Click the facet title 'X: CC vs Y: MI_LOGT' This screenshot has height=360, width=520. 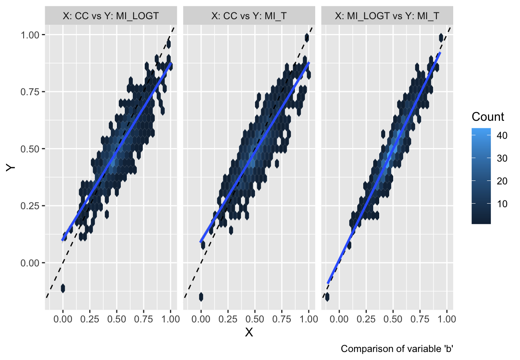click(x=111, y=16)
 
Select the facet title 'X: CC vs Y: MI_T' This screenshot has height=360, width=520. click(x=249, y=16)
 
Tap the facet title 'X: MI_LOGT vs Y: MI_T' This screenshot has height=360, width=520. click(x=387, y=16)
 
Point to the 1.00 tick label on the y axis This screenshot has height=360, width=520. click(x=29, y=35)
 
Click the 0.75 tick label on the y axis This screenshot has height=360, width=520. click(x=29, y=92)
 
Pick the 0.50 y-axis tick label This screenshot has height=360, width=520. click(x=29, y=149)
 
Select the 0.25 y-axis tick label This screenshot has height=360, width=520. click(x=29, y=206)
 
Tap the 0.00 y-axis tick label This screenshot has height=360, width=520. click(x=29, y=263)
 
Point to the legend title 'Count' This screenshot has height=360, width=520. click(x=488, y=117)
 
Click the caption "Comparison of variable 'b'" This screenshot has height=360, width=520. click(x=396, y=349)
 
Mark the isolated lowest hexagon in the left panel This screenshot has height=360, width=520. click(x=63, y=288)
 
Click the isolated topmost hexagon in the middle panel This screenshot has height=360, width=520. click(x=307, y=38)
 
